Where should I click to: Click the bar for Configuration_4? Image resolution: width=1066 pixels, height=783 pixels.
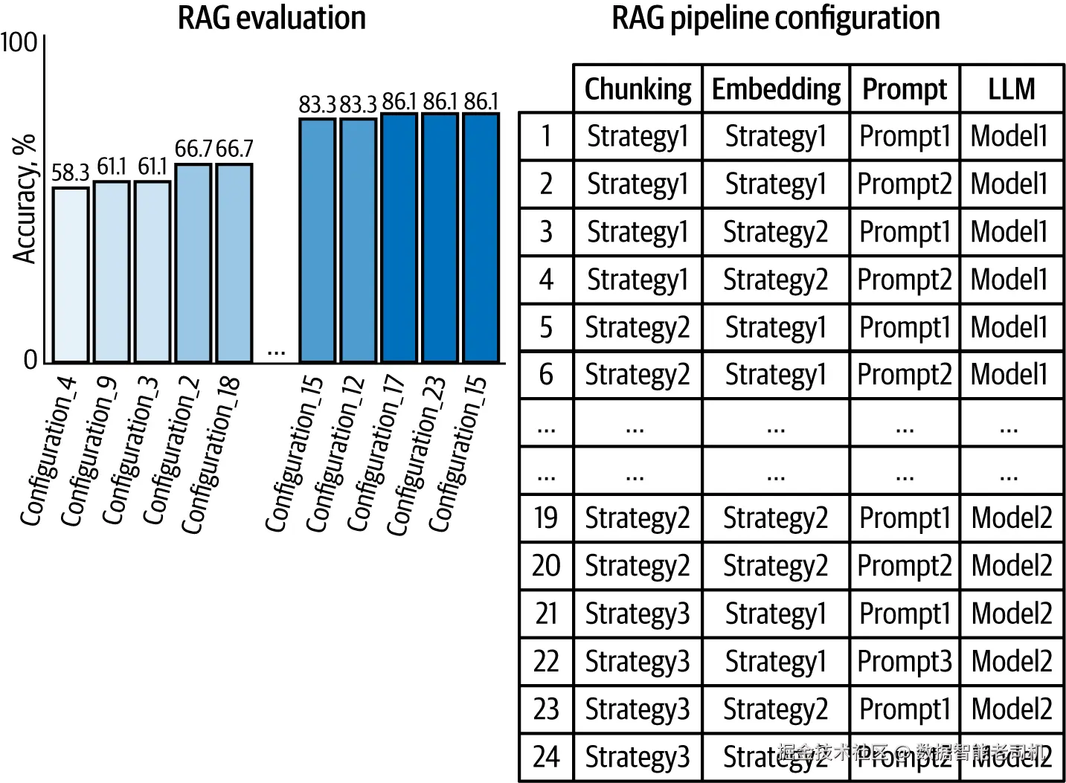pyautogui.click(x=71, y=274)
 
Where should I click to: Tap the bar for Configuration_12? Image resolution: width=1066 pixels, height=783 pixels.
pyautogui.click(x=359, y=239)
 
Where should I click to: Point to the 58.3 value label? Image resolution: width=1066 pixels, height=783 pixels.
pyautogui.click(x=70, y=173)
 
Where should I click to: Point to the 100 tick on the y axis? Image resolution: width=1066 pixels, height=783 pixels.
pyautogui.click(x=19, y=42)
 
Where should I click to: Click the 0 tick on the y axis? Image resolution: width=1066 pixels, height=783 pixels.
pyautogui.click(x=30, y=360)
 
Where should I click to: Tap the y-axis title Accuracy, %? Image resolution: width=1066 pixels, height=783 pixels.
pyautogui.click(x=25, y=199)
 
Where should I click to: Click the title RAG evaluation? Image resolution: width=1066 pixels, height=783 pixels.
pyautogui.click(x=272, y=18)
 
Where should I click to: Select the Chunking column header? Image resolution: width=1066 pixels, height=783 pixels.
pyautogui.click(x=638, y=89)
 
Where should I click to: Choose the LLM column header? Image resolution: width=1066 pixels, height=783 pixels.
pyautogui.click(x=1011, y=89)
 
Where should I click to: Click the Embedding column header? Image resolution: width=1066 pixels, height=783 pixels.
pyautogui.click(x=776, y=89)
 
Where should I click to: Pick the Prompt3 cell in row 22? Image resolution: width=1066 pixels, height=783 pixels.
pyautogui.click(x=905, y=661)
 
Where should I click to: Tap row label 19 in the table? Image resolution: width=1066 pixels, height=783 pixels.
pyautogui.click(x=545, y=518)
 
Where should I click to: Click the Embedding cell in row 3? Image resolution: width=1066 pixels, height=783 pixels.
pyautogui.click(x=776, y=232)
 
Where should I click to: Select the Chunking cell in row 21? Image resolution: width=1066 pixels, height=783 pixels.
pyautogui.click(x=638, y=613)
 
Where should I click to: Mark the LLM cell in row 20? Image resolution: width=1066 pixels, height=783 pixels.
pyautogui.click(x=1011, y=566)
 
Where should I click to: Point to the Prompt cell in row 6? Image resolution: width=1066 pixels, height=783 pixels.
pyautogui.click(x=905, y=375)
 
